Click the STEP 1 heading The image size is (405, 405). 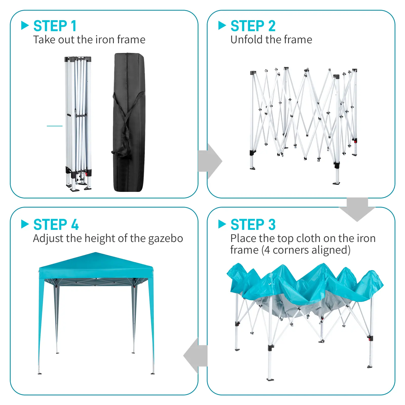55,26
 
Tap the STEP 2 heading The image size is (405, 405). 253,26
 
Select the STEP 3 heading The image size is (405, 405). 253,225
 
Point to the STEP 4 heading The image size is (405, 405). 56,225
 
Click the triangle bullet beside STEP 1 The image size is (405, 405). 25,25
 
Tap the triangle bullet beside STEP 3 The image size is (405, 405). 222,224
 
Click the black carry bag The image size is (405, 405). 129,122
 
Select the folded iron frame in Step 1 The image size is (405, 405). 78,124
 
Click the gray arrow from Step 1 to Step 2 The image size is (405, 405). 210,161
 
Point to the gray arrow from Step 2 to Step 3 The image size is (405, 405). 357,209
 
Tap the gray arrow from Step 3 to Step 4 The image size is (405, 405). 195,355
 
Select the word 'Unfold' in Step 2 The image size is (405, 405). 247,40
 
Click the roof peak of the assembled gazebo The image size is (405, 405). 95,253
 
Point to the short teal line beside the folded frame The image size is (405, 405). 55,126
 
